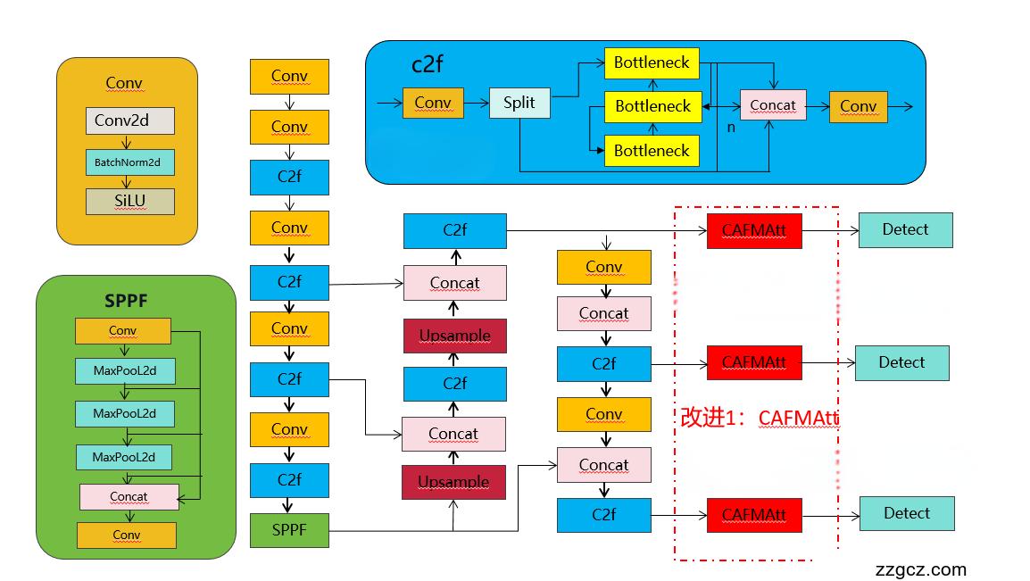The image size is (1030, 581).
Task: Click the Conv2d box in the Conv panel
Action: tap(130, 120)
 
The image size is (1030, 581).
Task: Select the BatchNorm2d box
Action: tap(130, 162)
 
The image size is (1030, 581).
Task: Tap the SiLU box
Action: tap(130, 202)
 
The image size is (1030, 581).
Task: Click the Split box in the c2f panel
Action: tap(519, 104)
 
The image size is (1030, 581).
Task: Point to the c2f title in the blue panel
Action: tap(428, 64)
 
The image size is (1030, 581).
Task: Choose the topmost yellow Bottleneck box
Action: tap(652, 62)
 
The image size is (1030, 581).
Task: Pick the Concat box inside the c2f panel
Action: tap(773, 105)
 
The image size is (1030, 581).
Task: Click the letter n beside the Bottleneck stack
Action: tap(731, 127)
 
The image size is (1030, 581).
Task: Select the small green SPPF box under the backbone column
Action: tap(289, 530)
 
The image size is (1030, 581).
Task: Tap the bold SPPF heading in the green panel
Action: tap(125, 301)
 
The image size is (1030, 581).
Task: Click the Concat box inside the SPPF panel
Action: tap(129, 497)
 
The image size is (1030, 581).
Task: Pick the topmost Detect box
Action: tap(905, 230)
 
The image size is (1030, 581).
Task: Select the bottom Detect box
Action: tap(907, 514)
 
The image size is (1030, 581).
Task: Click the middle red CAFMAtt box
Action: tap(754, 363)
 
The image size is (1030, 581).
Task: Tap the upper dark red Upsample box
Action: tap(455, 336)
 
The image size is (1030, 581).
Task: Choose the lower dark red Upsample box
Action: tap(453, 482)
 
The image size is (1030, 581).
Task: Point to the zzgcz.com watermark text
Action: tap(921, 569)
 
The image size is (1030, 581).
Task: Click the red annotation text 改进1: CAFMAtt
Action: tap(760, 418)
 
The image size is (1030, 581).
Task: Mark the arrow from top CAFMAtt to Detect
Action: tap(830, 230)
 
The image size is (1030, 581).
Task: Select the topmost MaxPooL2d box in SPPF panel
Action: tap(124, 370)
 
